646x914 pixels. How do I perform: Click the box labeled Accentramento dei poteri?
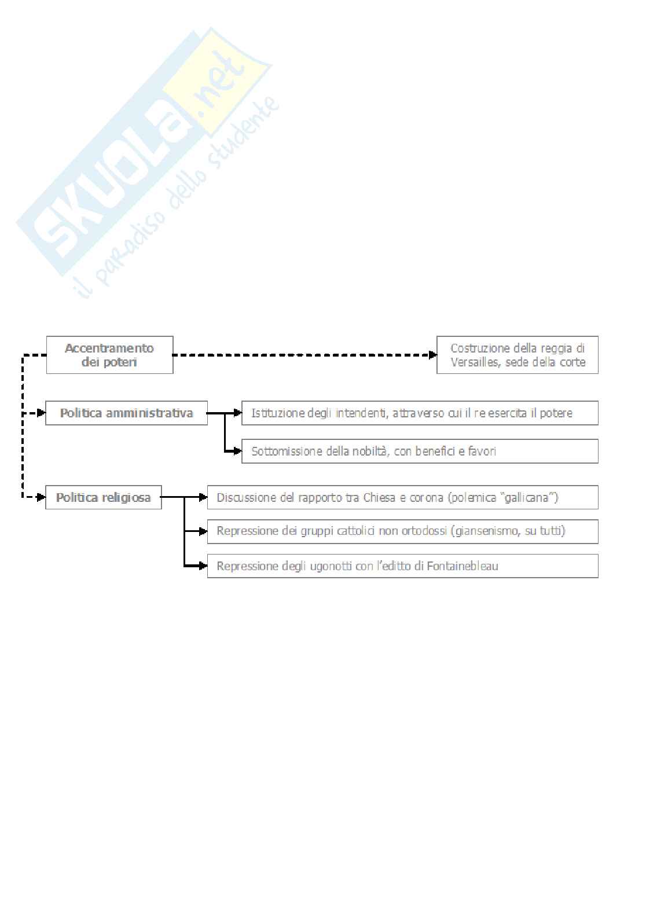point(109,355)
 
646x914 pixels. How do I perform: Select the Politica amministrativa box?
point(126,413)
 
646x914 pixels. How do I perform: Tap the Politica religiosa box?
point(103,497)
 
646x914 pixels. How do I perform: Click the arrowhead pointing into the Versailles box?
point(432,355)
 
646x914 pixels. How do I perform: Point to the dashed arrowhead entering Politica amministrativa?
point(41,413)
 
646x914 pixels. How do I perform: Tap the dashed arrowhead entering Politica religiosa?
point(41,497)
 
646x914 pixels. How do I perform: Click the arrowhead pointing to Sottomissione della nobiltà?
point(237,452)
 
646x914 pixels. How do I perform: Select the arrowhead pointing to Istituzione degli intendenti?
point(237,413)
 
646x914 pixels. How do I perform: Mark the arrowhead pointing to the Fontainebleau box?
point(203,566)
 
